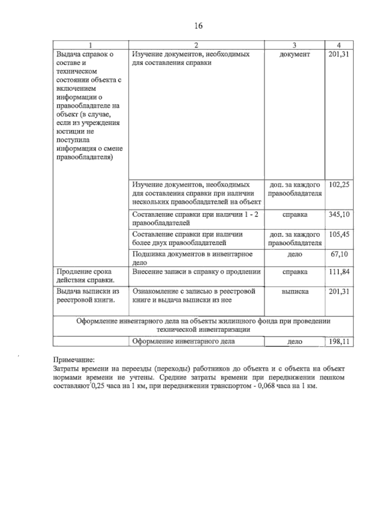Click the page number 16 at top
(198, 26)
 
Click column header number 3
(294, 45)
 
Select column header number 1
(90, 45)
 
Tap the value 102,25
(339, 185)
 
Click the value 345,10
(339, 214)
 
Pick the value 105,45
(339, 234)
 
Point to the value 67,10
(339, 254)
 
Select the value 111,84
(339, 272)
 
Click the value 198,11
(339, 342)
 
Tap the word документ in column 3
(295, 54)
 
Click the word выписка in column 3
(295, 291)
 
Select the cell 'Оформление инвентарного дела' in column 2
(184, 341)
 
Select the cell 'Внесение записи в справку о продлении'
(196, 272)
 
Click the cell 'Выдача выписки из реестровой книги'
(87, 295)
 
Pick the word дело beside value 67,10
(295, 254)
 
